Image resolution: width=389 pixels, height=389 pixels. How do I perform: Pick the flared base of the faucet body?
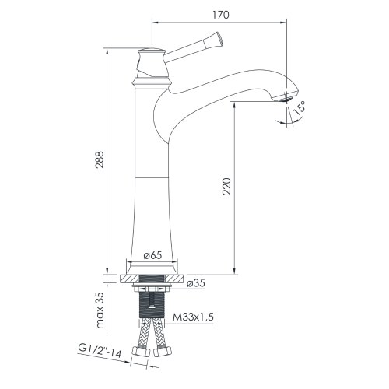coord(152,261)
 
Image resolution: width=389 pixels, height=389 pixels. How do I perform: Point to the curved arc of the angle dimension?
coord(284,117)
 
